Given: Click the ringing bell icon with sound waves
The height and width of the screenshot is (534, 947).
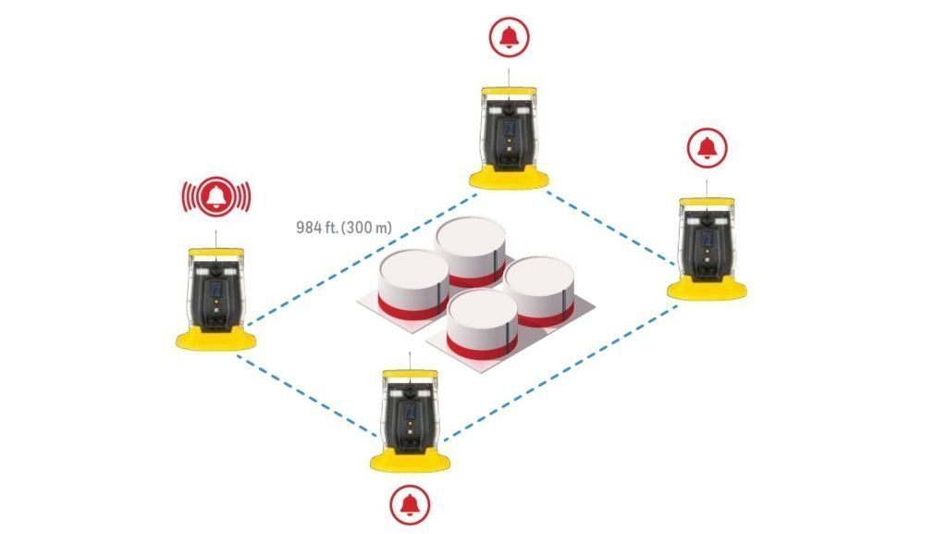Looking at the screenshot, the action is click(216, 196).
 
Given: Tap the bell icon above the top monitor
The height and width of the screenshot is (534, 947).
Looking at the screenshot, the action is click(510, 37).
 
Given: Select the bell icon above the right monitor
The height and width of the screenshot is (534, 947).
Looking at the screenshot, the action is click(707, 147).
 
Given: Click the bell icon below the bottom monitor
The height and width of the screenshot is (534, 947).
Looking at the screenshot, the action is click(410, 504).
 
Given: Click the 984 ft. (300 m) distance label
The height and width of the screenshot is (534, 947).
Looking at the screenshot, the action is click(344, 228).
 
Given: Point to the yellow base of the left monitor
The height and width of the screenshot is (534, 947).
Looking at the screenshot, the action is click(216, 340).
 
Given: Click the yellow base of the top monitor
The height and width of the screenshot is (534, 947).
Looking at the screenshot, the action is click(510, 179).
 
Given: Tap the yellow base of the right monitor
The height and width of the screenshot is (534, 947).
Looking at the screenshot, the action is click(707, 290).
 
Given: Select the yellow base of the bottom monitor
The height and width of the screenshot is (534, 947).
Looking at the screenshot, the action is click(410, 462).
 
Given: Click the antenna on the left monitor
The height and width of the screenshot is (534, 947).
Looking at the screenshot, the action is click(216, 239).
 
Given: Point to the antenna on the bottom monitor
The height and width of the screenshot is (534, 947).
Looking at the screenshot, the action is click(410, 361).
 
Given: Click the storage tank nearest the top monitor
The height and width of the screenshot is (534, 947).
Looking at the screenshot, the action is click(471, 252).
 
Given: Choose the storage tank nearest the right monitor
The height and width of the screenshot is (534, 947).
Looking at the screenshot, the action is click(539, 292).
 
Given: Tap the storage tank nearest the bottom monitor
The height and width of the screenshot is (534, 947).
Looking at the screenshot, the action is click(482, 325).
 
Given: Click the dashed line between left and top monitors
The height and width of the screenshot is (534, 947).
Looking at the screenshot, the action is click(362, 260).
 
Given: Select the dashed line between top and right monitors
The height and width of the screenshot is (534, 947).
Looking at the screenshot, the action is click(610, 228).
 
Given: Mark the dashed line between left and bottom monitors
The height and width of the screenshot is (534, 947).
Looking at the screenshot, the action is click(307, 396).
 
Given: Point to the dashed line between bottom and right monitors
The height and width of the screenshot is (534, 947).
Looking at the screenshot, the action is click(560, 373).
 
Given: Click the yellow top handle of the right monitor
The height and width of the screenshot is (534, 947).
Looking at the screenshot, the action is click(707, 202).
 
